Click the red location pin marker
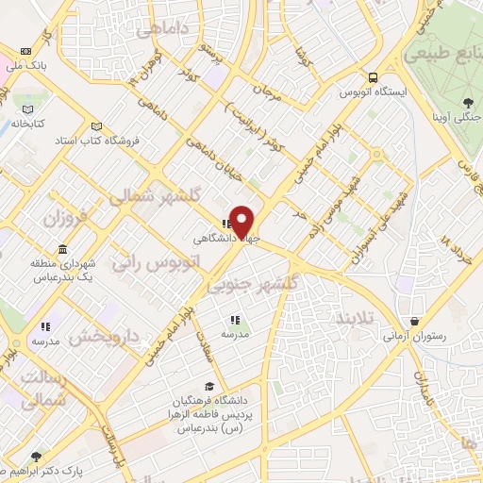[x=242, y=221]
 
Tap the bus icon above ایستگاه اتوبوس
[x=374, y=77]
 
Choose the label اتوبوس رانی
[x=152, y=261]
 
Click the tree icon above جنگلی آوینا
[x=468, y=103]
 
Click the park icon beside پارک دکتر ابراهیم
[x=36, y=456]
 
